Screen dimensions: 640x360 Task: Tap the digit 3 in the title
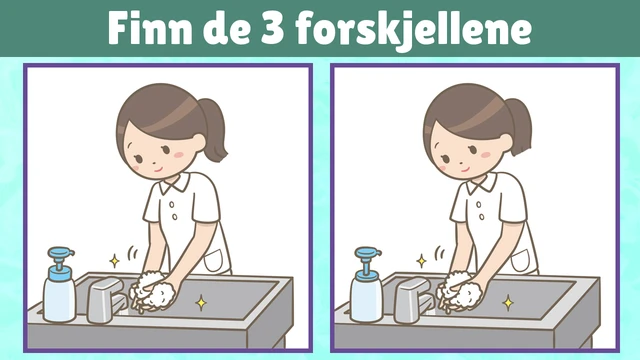[272, 29]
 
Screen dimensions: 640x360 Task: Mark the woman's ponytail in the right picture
[519, 127]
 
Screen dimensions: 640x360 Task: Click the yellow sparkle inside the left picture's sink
[201, 303]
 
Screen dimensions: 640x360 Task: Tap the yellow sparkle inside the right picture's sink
[508, 303]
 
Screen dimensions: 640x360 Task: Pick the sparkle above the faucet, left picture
[115, 261]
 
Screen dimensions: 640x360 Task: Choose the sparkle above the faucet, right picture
[422, 261]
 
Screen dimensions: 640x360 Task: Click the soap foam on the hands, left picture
[153, 291]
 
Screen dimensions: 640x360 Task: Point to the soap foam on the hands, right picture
[460, 291]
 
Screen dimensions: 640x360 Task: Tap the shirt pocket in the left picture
[214, 260]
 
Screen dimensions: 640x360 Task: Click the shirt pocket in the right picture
[521, 260]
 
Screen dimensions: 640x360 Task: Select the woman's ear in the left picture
[199, 143]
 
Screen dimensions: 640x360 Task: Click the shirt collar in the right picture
[482, 183]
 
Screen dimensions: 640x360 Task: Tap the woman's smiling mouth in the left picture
[158, 169]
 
